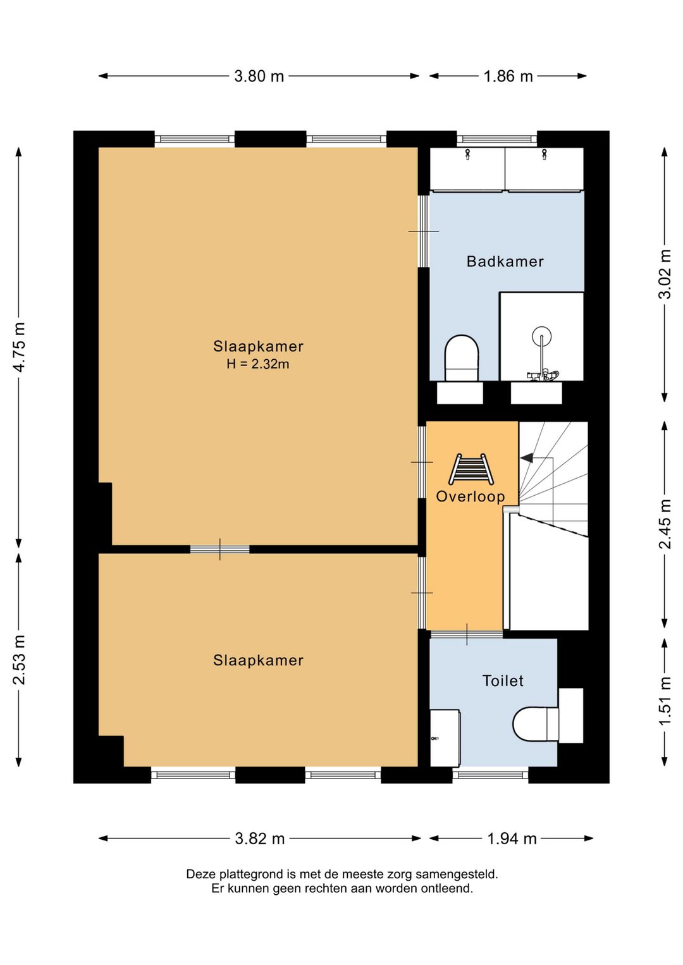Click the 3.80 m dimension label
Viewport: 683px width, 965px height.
click(x=259, y=77)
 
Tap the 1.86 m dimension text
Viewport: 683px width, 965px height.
click(x=508, y=77)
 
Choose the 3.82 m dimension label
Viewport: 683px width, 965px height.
click(x=260, y=839)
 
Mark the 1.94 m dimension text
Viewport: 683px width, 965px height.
click(x=512, y=839)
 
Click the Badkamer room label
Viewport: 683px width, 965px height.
click(x=505, y=262)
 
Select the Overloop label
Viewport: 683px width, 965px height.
click(x=470, y=496)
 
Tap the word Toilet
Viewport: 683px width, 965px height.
click(x=502, y=680)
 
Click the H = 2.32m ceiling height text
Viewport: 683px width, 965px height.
click(x=257, y=364)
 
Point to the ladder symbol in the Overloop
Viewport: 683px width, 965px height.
click(x=471, y=469)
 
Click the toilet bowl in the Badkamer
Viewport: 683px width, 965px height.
click(x=462, y=358)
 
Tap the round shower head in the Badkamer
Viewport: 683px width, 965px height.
click(x=541, y=336)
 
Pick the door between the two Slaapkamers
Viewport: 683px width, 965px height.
click(x=220, y=550)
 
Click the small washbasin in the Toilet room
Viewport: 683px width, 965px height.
click(x=445, y=738)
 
